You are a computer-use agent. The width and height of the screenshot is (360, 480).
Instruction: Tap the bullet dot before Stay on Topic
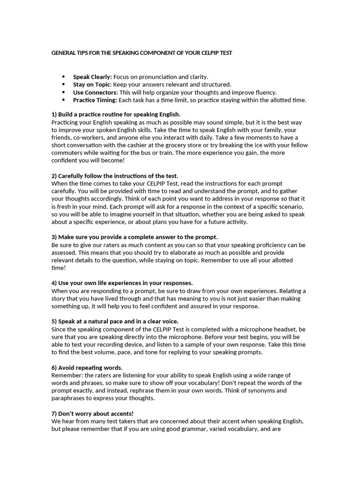tap(63, 84)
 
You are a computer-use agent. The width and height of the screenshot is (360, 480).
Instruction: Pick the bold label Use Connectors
tap(95, 92)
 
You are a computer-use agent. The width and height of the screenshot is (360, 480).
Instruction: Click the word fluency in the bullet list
tap(264, 92)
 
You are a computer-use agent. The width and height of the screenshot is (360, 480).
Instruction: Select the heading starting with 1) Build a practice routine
tap(115, 114)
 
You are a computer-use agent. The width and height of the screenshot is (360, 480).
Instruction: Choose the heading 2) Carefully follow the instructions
tap(114, 176)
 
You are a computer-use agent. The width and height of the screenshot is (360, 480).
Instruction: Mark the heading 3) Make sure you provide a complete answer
tap(134, 237)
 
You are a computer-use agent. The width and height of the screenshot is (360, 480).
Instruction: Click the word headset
tap(281, 329)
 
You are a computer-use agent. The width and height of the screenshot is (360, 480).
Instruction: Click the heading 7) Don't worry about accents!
tap(92, 413)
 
